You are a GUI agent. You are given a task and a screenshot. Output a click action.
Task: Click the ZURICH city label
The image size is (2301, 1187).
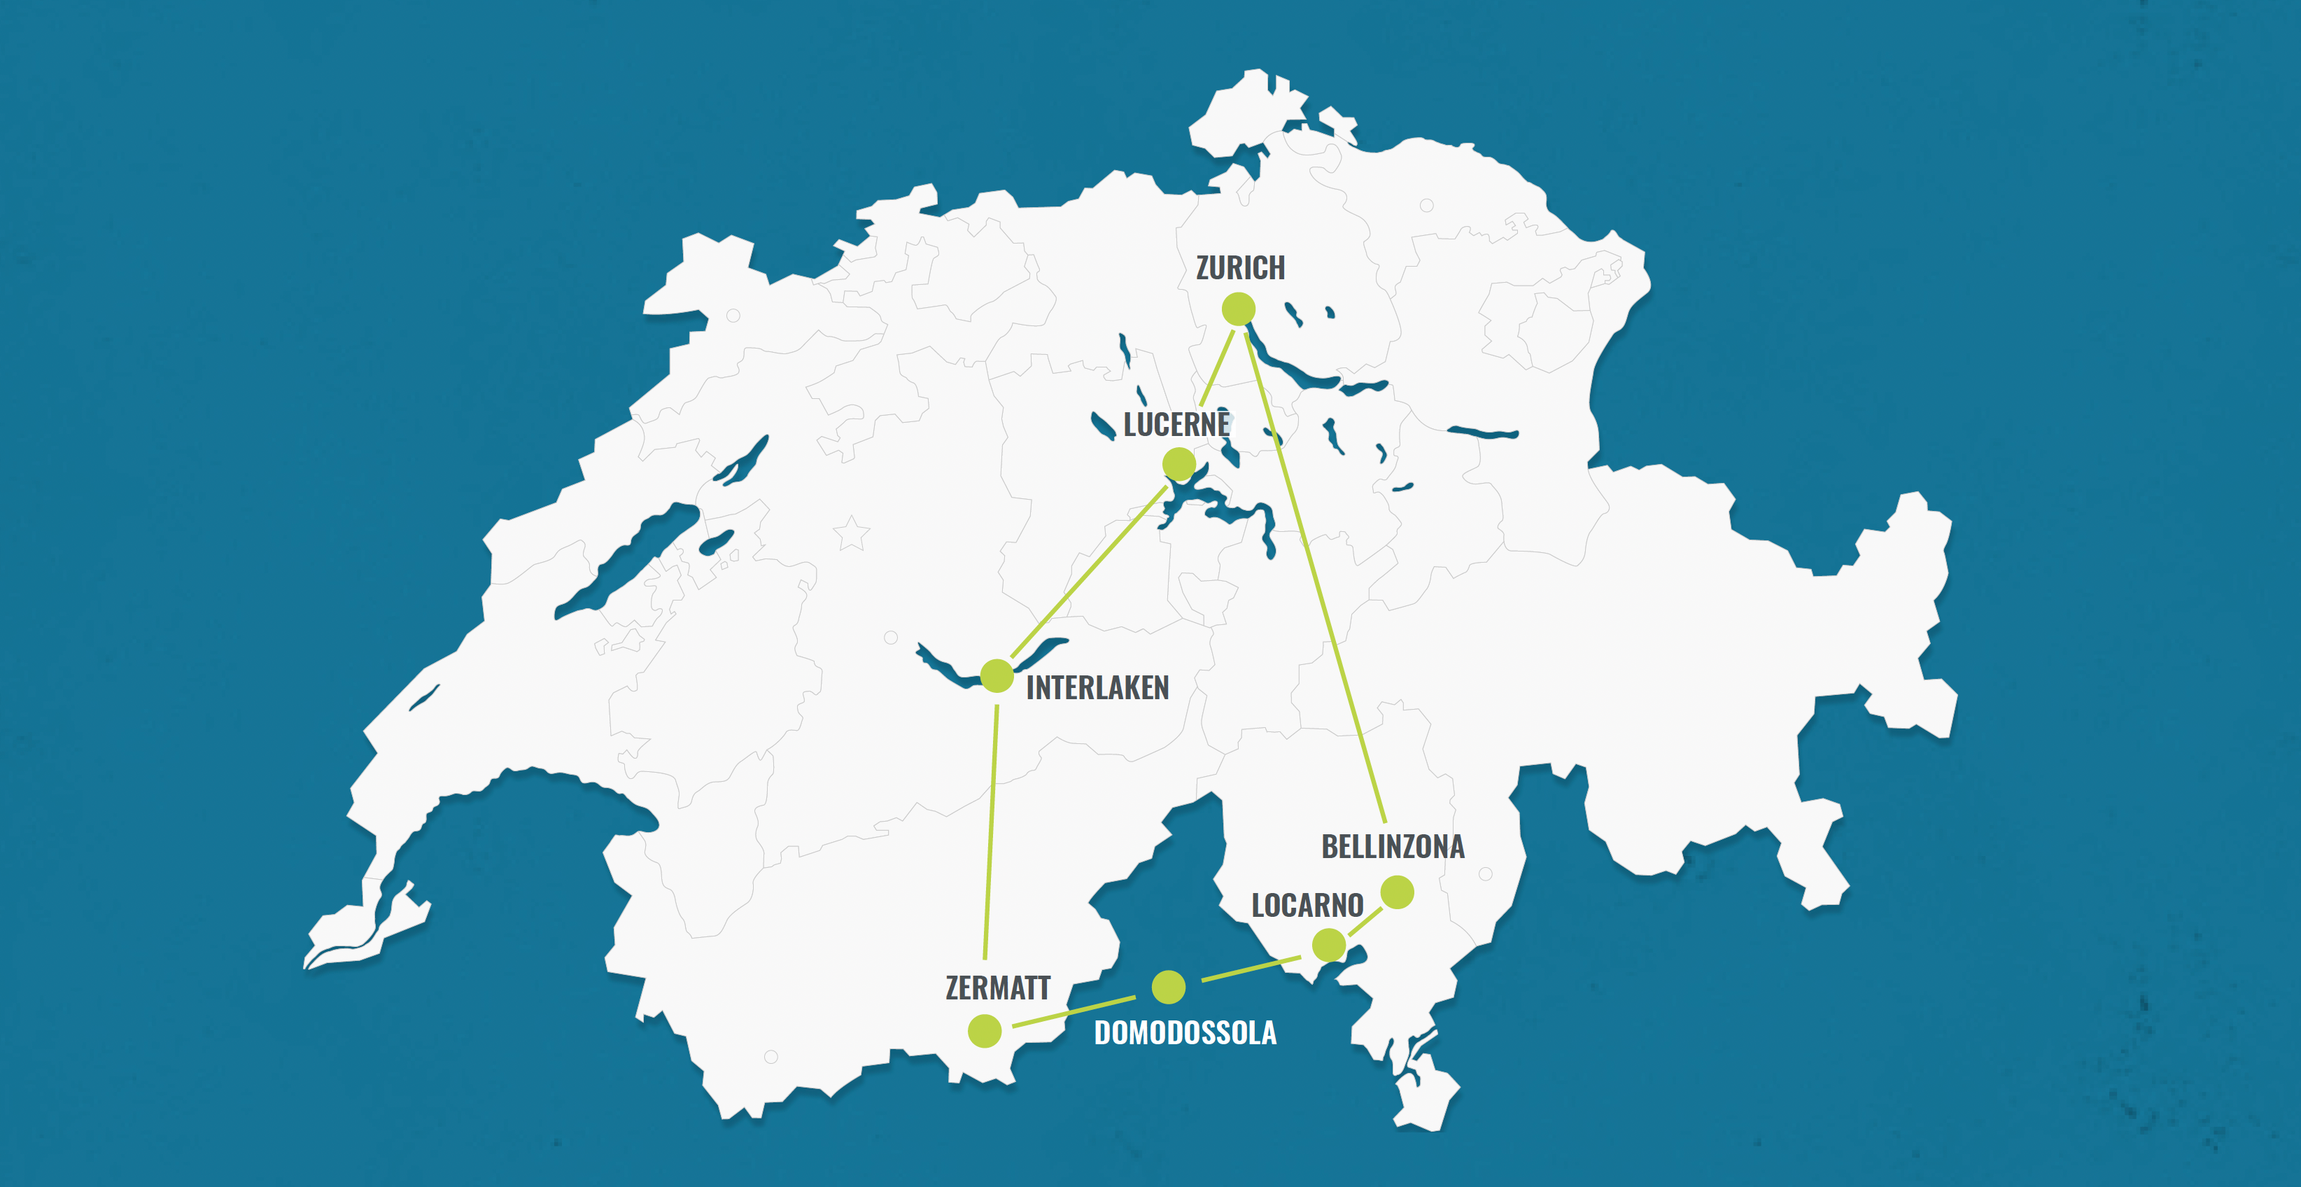(1240, 268)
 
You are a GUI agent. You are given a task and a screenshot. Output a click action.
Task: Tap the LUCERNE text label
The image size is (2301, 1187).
(1176, 425)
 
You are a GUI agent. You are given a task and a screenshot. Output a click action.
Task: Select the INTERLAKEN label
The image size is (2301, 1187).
(1097, 688)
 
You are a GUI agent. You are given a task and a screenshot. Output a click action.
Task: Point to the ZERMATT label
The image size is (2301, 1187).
(998, 988)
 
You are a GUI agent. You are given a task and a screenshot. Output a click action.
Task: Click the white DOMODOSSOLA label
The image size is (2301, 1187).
(1185, 1034)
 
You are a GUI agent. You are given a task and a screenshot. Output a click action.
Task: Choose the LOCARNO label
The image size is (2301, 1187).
(1307, 906)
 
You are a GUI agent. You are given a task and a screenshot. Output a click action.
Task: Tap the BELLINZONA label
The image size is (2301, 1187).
(1393, 847)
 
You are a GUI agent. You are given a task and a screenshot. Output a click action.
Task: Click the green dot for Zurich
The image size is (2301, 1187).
(1239, 309)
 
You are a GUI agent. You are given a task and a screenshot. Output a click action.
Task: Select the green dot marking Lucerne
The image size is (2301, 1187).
(1179, 463)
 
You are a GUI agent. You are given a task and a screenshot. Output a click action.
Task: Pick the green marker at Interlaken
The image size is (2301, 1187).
(997, 676)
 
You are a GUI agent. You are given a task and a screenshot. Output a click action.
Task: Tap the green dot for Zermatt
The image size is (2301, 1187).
(985, 1031)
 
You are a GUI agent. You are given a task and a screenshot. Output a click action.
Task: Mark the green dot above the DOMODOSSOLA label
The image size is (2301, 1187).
(1169, 987)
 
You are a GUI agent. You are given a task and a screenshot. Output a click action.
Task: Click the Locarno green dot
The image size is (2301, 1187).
(1329, 944)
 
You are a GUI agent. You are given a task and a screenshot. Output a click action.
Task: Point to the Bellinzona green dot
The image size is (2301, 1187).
(1397, 892)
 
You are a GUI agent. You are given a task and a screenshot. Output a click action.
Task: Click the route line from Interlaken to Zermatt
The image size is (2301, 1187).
(991, 831)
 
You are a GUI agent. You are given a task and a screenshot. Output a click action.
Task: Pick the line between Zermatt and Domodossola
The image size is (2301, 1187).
(1072, 1011)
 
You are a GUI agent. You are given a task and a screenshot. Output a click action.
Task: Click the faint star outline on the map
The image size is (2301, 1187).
(851, 534)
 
